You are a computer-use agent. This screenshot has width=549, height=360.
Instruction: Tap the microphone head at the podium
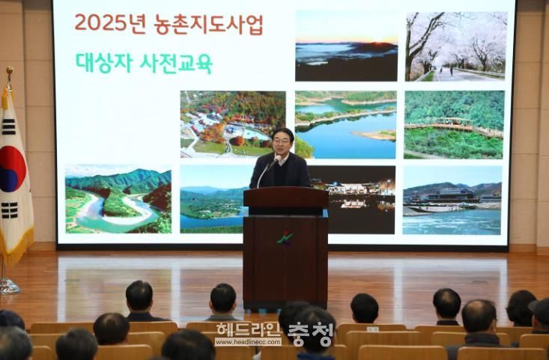(x=276, y=159)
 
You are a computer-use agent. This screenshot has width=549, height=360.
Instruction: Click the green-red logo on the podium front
(x=285, y=238)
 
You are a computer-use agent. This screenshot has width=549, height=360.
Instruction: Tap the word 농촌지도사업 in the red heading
(x=208, y=24)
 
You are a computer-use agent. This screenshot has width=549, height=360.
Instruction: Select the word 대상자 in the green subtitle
(x=104, y=63)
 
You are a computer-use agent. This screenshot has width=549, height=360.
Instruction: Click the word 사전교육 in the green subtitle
(x=176, y=64)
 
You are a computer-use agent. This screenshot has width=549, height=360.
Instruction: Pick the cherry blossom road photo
(x=456, y=46)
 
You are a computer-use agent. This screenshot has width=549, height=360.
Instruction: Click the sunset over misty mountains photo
(x=346, y=46)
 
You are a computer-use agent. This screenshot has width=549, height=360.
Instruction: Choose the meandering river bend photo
(x=118, y=199)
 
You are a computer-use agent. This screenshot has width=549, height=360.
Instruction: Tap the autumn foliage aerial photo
(x=233, y=124)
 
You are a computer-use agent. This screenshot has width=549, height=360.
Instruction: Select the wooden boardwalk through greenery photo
(x=454, y=124)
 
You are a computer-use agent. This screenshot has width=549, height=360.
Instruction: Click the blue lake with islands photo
(x=345, y=125)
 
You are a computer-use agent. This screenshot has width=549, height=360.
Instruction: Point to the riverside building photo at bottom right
(x=452, y=200)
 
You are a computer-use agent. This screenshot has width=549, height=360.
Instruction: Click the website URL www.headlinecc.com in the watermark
(x=248, y=342)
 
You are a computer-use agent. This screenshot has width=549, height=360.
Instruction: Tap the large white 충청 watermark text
(x=310, y=334)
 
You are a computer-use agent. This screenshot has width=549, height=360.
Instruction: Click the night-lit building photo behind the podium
(x=360, y=200)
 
